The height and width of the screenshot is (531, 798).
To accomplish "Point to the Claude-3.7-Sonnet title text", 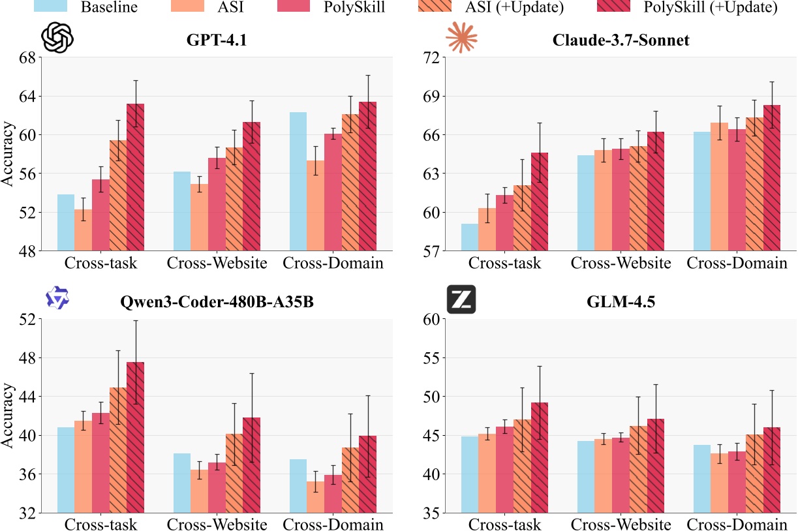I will pyautogui.click(x=620, y=40).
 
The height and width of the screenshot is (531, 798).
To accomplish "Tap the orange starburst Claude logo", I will pyautogui.click(x=461, y=38).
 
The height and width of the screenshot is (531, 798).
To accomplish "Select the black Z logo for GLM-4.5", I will pyautogui.click(x=461, y=300).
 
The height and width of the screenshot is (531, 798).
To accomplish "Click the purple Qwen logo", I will pyautogui.click(x=57, y=298).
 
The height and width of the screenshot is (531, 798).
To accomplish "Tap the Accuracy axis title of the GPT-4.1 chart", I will pyautogui.click(x=8, y=154).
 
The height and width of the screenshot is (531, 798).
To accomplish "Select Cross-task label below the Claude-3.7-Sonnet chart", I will pyautogui.click(x=505, y=264).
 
